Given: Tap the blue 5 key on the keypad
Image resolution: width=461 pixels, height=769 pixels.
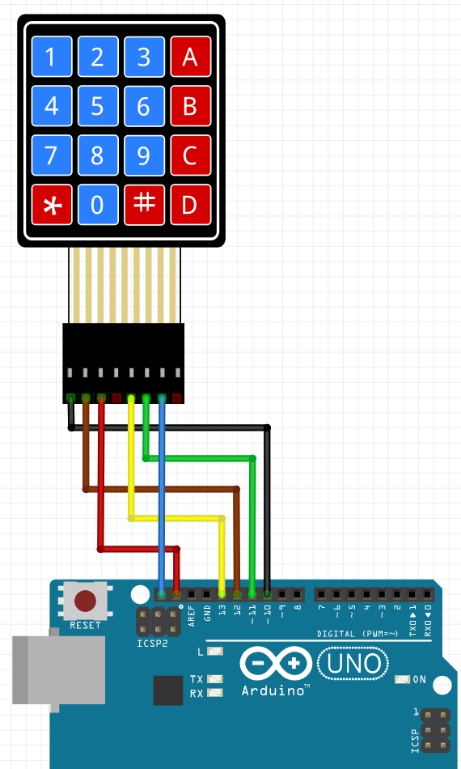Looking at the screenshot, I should click(x=98, y=106).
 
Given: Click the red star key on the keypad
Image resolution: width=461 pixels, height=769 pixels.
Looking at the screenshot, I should click(x=52, y=205).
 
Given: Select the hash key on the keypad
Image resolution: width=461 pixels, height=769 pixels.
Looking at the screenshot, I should click(x=144, y=204).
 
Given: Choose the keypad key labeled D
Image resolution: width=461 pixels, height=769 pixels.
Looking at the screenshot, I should click(x=190, y=205).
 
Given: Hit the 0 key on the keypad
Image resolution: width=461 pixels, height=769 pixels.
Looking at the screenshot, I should click(x=98, y=205).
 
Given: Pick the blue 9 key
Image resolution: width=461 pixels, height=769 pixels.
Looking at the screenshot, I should click(x=144, y=155).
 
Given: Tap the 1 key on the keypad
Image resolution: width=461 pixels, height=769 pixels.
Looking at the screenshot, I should click(x=52, y=57).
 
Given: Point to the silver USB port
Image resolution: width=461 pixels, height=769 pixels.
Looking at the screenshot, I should click(x=59, y=670).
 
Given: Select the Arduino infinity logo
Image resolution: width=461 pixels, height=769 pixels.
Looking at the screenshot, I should click(x=274, y=664).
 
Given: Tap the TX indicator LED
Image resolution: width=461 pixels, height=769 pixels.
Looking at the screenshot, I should click(x=214, y=679).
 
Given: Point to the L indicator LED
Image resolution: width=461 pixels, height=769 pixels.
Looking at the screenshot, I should click(x=214, y=651).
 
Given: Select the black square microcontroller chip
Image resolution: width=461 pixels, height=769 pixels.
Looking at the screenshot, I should click(x=168, y=690).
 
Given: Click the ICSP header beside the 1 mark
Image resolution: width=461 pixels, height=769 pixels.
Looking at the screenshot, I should click(x=435, y=730).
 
